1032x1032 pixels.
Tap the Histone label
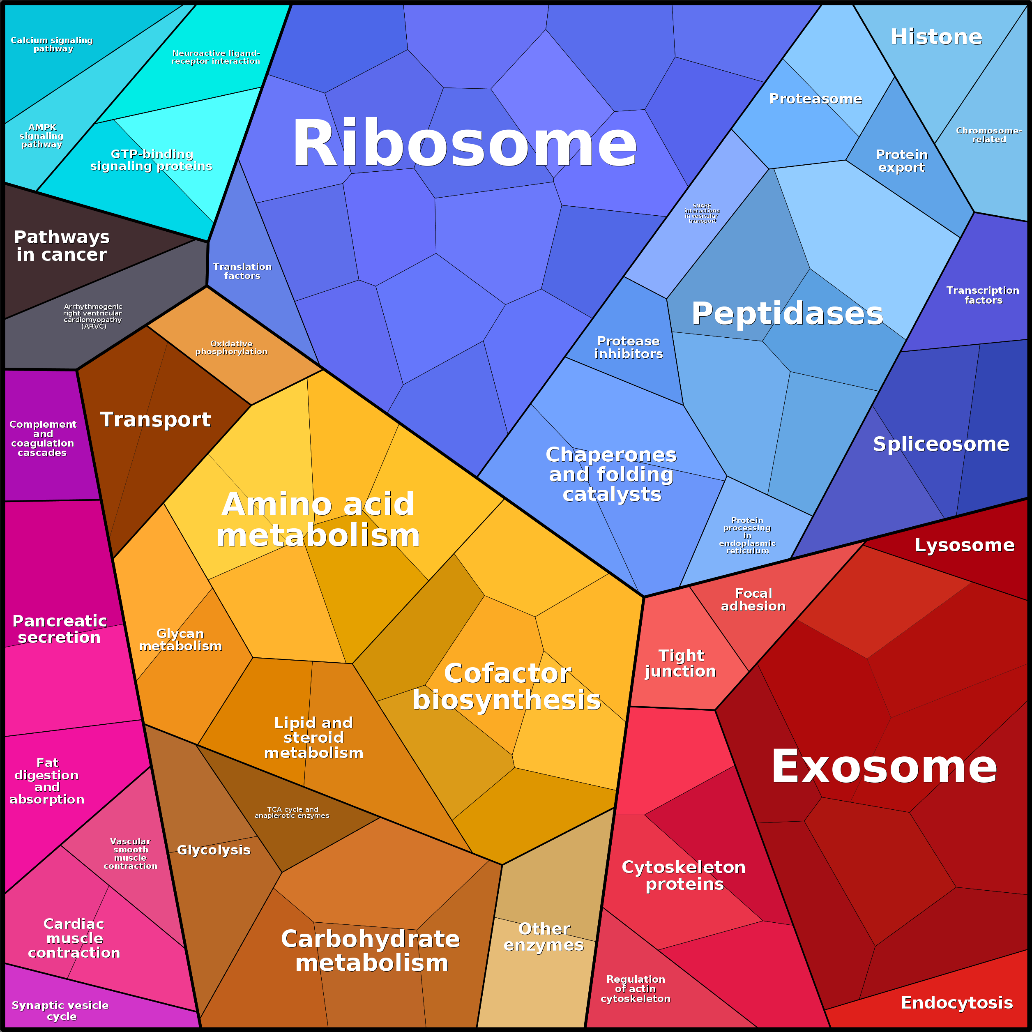point(936,37)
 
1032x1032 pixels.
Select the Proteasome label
point(815,99)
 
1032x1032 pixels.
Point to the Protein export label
point(902,161)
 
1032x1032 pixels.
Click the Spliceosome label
point(941,444)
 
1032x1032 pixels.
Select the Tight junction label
point(680,663)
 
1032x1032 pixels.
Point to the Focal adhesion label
point(753,599)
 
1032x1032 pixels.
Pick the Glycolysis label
point(214,850)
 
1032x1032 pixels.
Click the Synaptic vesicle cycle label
point(60,1011)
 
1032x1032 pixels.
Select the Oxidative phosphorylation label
point(231,347)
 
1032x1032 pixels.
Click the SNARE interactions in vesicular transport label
point(702,213)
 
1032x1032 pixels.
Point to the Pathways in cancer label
point(62,246)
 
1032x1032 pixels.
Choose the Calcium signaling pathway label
point(52,44)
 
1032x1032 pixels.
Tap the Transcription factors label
point(983,295)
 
